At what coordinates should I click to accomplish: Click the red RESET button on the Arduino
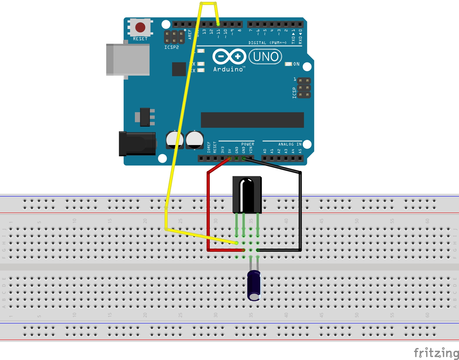(x=140, y=27)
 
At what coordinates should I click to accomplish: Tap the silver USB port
(x=128, y=60)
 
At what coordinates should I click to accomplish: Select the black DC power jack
(x=137, y=144)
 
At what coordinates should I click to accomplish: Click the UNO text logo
(x=265, y=57)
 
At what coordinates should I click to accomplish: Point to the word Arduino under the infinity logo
(x=228, y=70)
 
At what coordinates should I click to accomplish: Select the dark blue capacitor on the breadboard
(x=254, y=285)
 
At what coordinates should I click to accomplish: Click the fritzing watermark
(x=436, y=353)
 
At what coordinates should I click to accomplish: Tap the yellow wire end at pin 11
(x=218, y=24)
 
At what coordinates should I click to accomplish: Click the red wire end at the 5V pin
(x=229, y=158)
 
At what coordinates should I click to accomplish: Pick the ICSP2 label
(x=172, y=47)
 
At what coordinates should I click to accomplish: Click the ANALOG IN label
(x=290, y=144)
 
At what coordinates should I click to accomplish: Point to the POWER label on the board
(x=247, y=144)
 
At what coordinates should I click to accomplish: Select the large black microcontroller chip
(x=252, y=120)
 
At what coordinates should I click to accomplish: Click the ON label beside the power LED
(x=296, y=64)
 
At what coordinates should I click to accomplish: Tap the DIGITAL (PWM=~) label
(x=267, y=43)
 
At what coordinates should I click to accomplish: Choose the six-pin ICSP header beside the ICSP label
(x=304, y=88)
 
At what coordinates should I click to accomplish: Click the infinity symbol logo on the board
(x=229, y=56)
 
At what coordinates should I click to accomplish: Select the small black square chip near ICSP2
(x=179, y=69)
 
